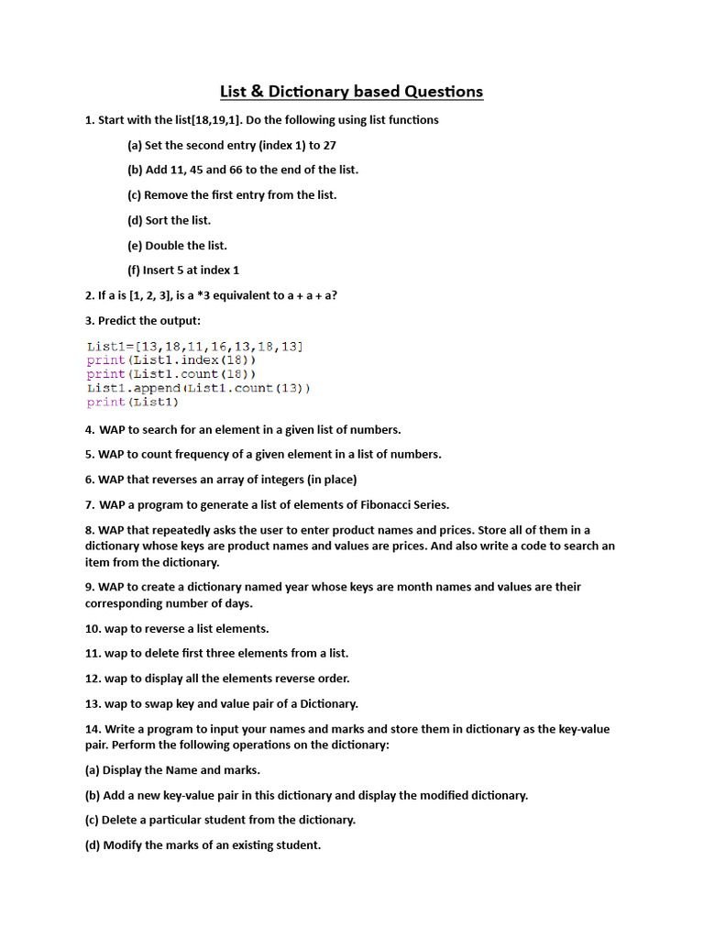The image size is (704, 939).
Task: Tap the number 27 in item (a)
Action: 329,145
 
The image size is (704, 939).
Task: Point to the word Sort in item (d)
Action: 158,220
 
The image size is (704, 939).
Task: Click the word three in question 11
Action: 214,653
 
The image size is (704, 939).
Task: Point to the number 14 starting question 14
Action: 92,729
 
